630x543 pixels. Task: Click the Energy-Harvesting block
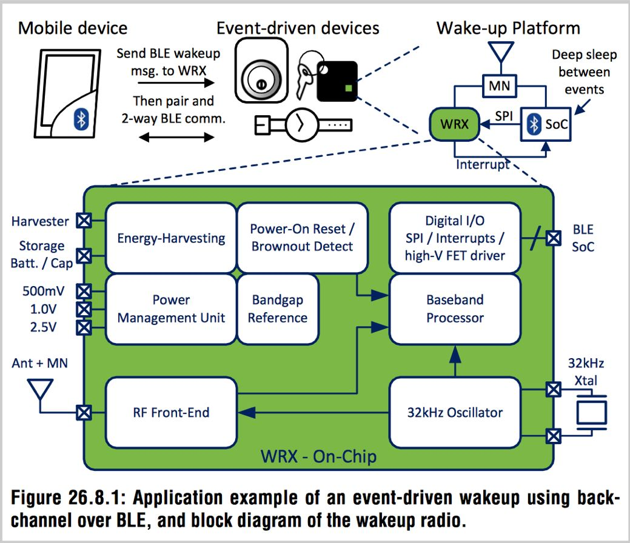click(x=171, y=237)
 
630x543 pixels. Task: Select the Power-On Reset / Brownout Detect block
click(x=302, y=237)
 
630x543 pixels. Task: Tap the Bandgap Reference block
click(x=278, y=308)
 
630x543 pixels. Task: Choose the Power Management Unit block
click(x=171, y=308)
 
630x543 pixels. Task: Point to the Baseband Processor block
click(x=455, y=308)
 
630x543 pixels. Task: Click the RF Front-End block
click(x=171, y=413)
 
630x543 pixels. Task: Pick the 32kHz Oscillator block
click(x=455, y=413)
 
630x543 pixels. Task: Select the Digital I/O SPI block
click(x=455, y=238)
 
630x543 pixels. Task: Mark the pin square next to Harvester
click(x=84, y=221)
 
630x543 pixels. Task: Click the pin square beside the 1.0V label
click(x=84, y=310)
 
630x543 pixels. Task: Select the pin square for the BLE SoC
click(x=552, y=238)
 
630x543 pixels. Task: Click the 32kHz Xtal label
click(x=585, y=371)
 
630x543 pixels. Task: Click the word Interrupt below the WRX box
click(x=483, y=164)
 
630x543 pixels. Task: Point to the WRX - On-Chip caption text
click(x=318, y=456)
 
